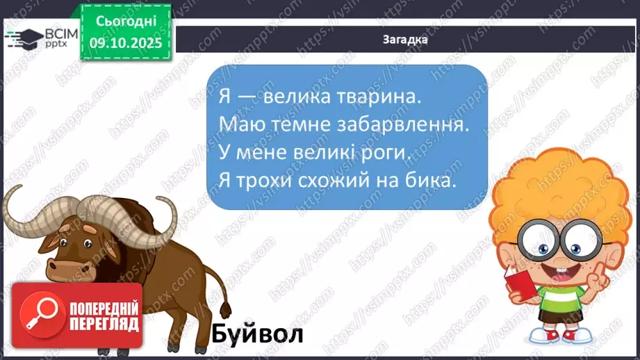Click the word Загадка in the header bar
[x=404, y=40]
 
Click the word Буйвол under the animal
[x=258, y=334]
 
